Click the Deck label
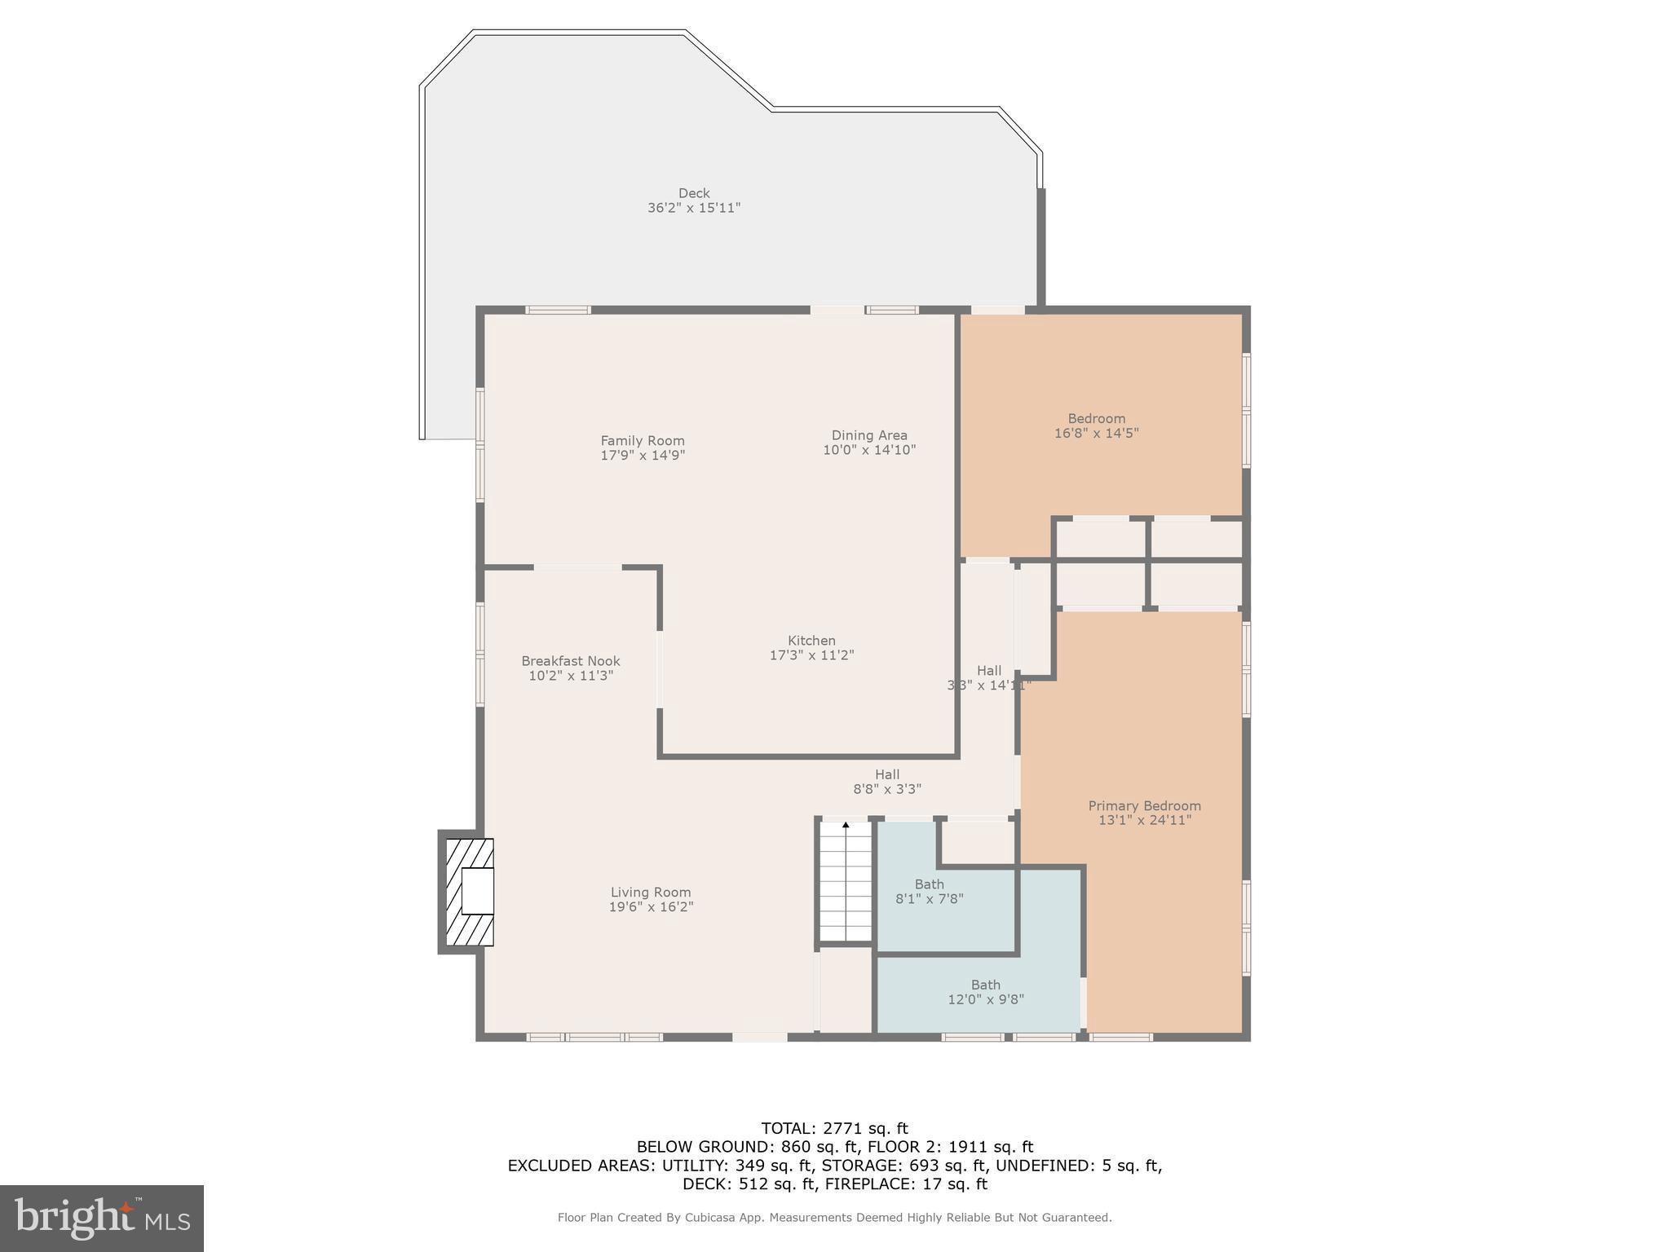point(694,193)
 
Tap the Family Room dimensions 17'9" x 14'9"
point(643,456)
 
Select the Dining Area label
point(869,435)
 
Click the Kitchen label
point(811,641)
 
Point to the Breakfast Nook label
point(571,661)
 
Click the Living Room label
point(651,893)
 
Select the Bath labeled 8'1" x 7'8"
point(929,892)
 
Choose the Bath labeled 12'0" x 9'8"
point(985,992)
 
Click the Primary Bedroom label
point(1144,806)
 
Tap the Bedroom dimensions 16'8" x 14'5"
point(1096,434)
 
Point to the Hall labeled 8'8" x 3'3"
point(887,782)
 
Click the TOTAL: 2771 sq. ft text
point(834,1128)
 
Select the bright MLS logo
point(102,1218)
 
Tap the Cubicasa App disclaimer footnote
point(834,1218)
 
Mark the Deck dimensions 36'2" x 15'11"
point(694,208)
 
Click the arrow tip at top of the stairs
point(846,825)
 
